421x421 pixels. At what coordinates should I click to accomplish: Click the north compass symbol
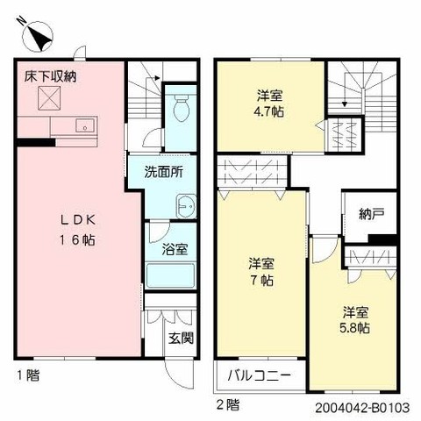point(38,37)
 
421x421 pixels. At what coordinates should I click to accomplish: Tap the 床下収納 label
point(50,76)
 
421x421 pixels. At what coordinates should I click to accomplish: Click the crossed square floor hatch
point(50,98)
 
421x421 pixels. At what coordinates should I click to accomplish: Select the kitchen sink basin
point(85,125)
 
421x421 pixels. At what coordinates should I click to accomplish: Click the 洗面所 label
point(164,172)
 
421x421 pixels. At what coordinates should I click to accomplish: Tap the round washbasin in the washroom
point(186,206)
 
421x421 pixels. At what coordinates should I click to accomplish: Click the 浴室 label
point(175,249)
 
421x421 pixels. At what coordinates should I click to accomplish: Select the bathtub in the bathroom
point(170,275)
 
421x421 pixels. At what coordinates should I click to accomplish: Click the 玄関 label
point(181,339)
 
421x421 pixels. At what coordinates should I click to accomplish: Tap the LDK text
point(78,220)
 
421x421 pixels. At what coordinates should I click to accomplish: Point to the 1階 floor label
point(28,375)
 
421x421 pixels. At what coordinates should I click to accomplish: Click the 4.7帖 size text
point(269,111)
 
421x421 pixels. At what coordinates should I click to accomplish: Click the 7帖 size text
point(261,281)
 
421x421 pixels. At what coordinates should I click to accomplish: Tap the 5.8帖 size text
point(354,328)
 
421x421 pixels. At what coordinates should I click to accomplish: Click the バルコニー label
point(260,375)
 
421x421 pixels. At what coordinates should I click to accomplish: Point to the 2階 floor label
point(228,405)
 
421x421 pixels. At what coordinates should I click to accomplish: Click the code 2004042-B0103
point(362,408)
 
